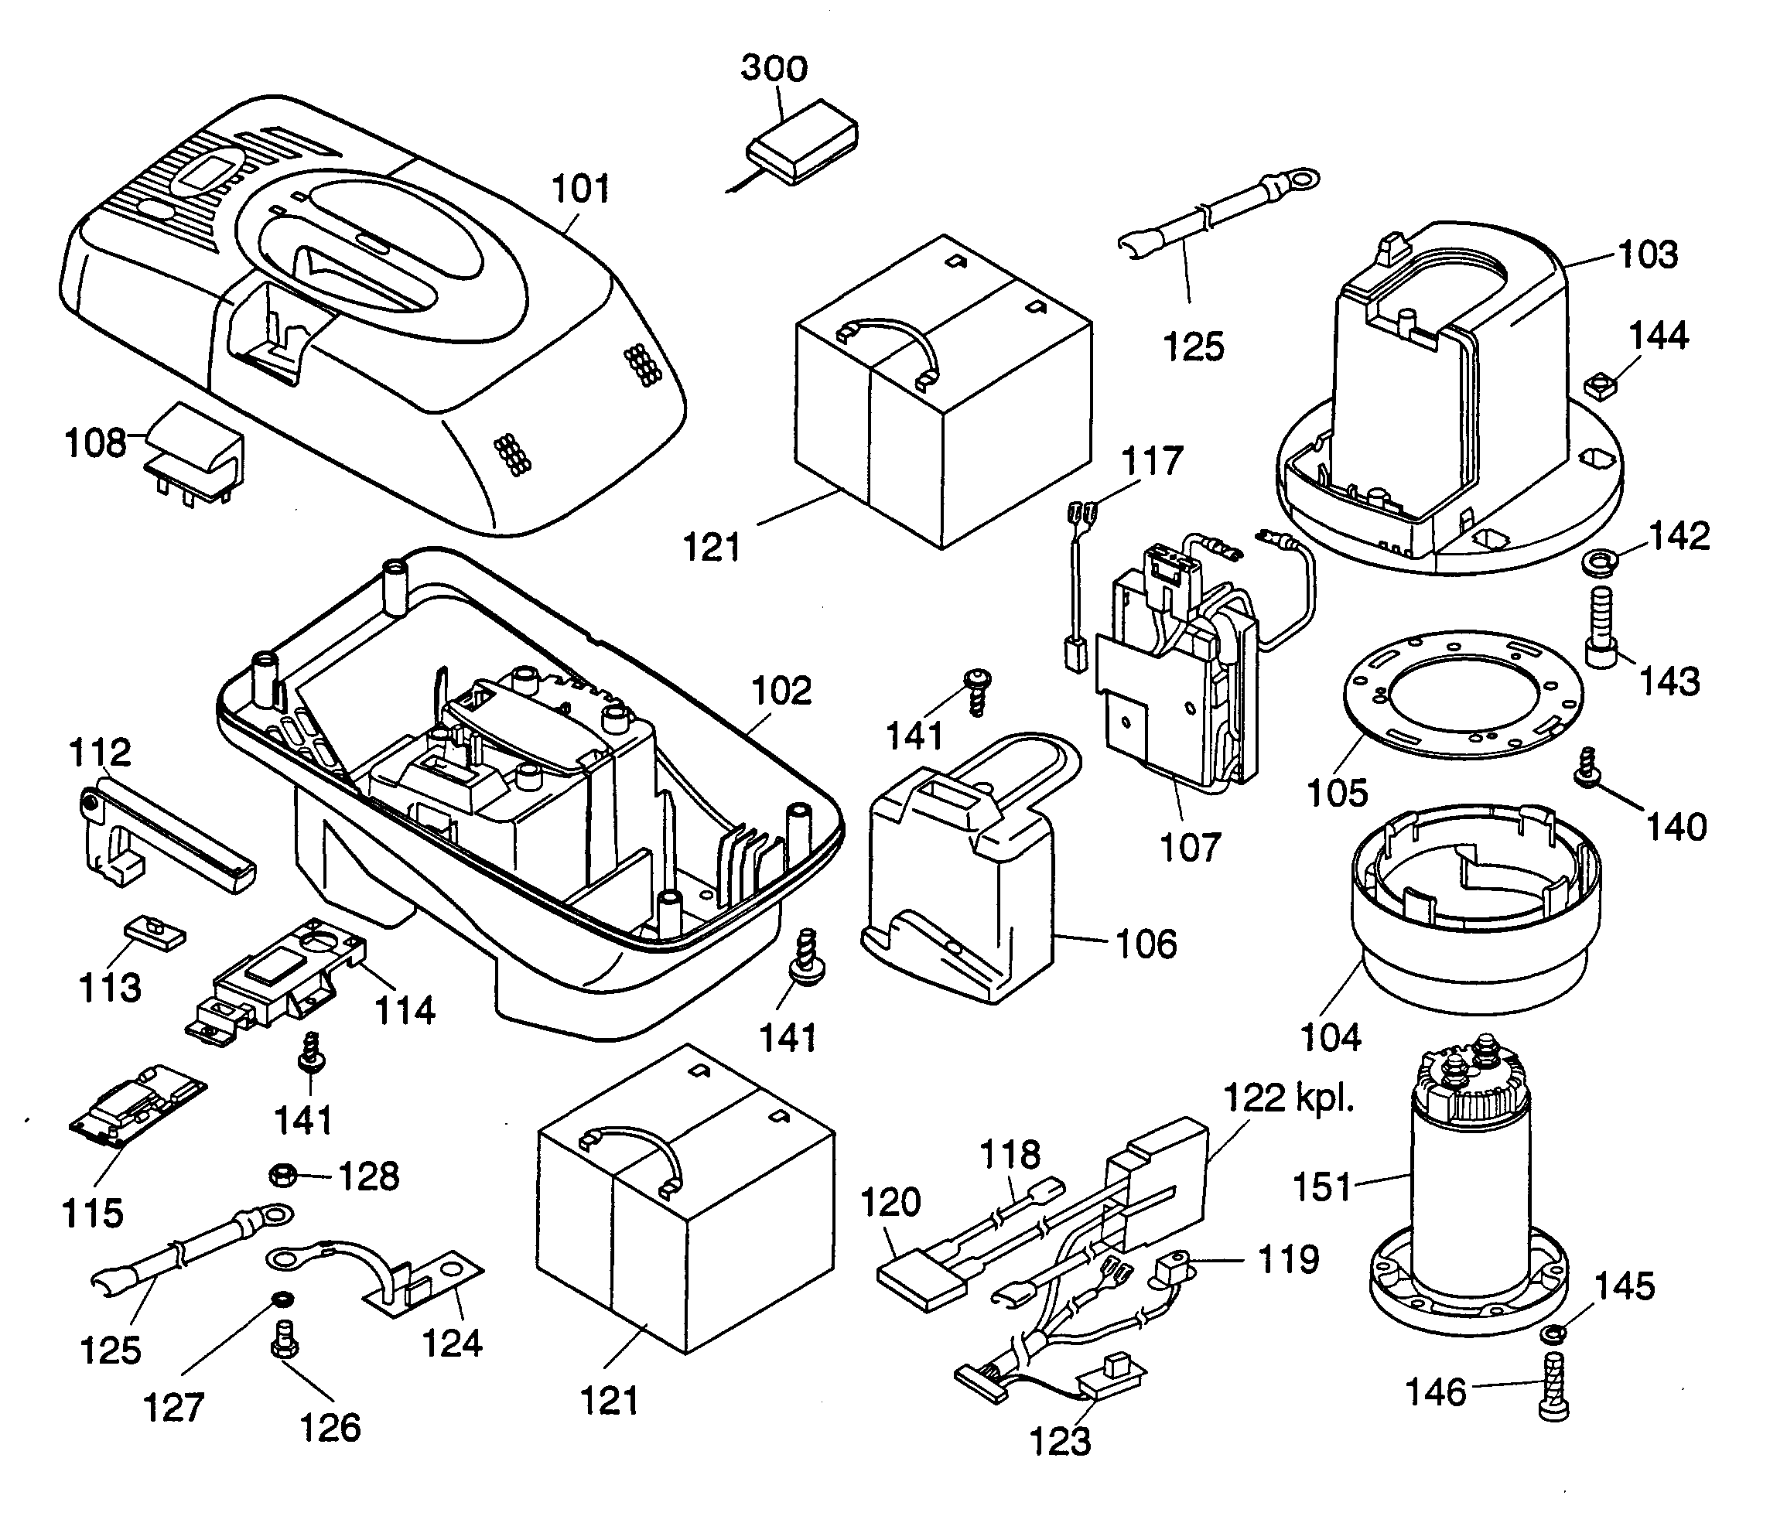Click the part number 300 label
pos(774,69)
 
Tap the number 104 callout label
pos(1331,1038)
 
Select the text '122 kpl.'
pos(1288,1098)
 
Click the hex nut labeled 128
pos(283,1173)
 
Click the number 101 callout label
pos(580,189)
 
